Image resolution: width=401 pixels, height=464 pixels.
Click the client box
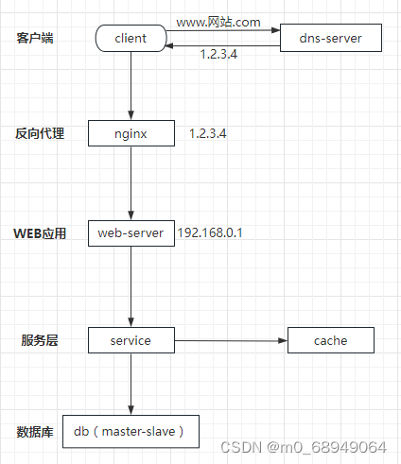click(x=131, y=39)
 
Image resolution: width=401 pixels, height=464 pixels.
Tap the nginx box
click(x=131, y=133)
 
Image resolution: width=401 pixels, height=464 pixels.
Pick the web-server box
click(x=131, y=232)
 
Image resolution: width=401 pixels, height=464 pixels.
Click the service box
click(x=131, y=340)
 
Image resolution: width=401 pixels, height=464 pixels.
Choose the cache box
click(x=331, y=340)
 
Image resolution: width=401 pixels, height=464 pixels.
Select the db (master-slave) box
click(x=131, y=432)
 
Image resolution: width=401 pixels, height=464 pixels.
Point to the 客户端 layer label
click(x=36, y=38)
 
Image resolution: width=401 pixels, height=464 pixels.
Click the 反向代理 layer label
click(x=40, y=133)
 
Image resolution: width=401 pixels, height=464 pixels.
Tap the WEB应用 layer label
click(x=40, y=233)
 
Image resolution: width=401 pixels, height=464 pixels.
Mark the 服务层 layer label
click(x=39, y=340)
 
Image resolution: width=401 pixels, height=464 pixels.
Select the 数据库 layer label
click(x=35, y=432)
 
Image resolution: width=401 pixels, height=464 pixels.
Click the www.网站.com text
click(x=218, y=20)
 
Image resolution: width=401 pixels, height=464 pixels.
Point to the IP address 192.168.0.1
click(x=210, y=232)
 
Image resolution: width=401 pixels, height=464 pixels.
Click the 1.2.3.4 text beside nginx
click(x=207, y=133)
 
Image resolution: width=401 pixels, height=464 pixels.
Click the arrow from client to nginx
click(x=131, y=86)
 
